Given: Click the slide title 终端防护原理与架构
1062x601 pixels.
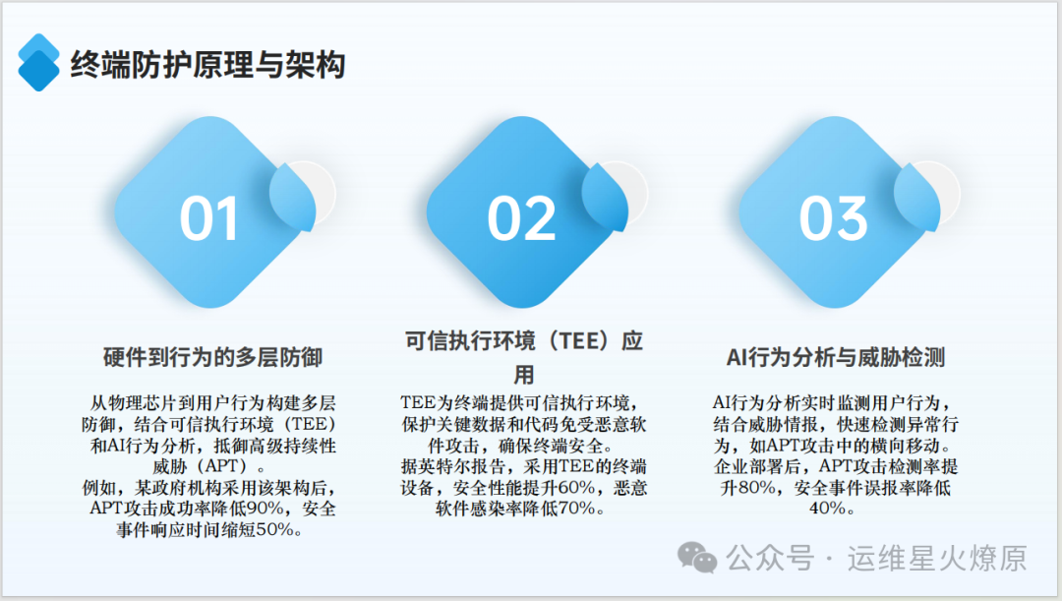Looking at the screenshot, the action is click(x=207, y=65).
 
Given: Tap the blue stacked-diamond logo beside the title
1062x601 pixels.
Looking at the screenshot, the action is click(x=38, y=62).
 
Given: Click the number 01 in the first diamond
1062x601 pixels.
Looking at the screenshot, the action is click(x=208, y=218).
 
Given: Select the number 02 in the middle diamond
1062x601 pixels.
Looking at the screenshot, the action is click(x=521, y=218).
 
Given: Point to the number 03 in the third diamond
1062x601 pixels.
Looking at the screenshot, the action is click(x=833, y=218).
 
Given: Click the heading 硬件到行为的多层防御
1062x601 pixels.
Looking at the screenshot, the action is click(x=212, y=357).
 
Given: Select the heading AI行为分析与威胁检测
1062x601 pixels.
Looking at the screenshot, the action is click(x=835, y=357).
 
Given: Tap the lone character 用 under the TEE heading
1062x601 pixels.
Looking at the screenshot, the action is click(x=523, y=374).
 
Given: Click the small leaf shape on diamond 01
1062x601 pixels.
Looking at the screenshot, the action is click(x=293, y=196).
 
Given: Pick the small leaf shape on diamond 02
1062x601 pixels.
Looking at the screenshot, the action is click(x=606, y=196).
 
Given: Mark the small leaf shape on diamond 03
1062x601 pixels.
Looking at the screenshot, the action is click(x=917, y=196).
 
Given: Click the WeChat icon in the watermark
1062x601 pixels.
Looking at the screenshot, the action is click(x=697, y=559).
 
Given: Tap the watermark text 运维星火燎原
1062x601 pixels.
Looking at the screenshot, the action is click(x=937, y=559).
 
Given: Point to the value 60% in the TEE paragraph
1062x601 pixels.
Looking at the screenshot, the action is click(x=577, y=487).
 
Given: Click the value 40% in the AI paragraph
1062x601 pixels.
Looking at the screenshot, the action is click(x=828, y=509).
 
